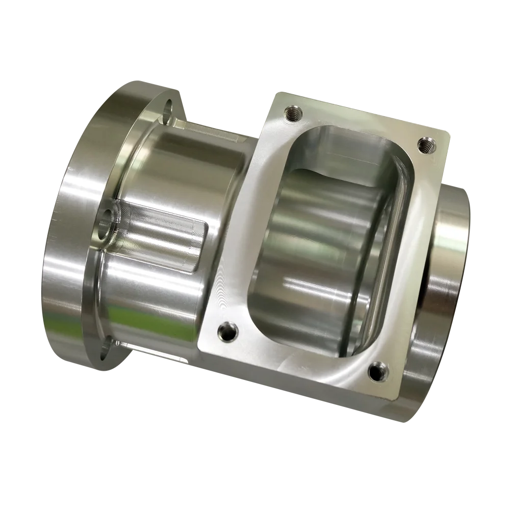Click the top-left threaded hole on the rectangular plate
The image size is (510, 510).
coord(293,114)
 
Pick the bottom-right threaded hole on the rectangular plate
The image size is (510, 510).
coord(377,369)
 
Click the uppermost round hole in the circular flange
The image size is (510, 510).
coord(167,109)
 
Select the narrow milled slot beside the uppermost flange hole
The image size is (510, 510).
coord(204,130)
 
